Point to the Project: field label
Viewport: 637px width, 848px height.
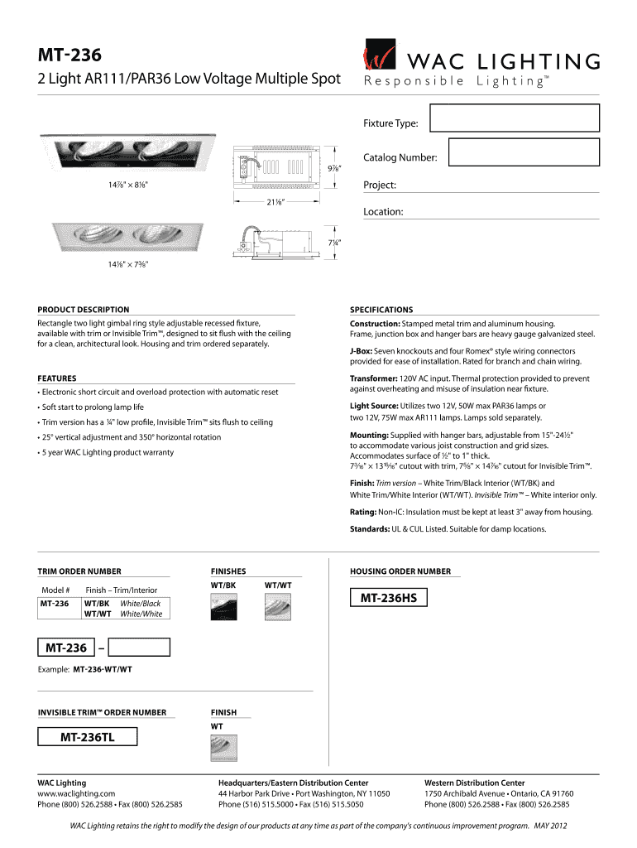coord(380,185)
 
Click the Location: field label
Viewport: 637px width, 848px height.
coord(383,212)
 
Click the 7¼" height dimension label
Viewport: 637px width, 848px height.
coord(333,242)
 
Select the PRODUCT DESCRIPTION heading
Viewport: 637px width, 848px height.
coord(84,310)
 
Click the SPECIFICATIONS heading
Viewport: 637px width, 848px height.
coord(381,310)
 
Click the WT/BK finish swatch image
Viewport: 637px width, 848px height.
coord(223,609)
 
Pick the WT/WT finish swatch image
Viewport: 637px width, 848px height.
coord(277,609)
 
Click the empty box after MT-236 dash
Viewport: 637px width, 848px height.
coord(140,648)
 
